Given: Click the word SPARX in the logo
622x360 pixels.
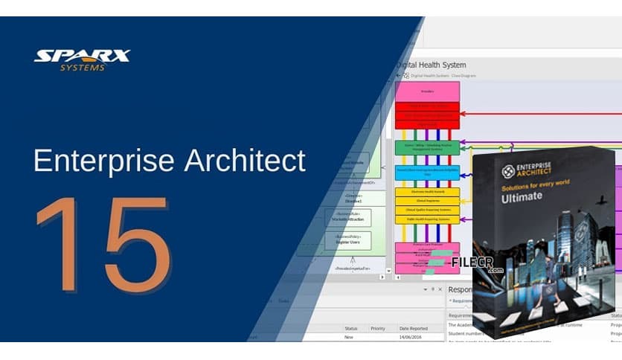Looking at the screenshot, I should click(82, 57).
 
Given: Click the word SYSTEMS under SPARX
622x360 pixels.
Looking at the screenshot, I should click(82, 68).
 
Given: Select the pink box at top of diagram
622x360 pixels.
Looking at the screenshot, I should click(427, 91).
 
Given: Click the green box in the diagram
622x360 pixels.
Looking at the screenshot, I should click(427, 147).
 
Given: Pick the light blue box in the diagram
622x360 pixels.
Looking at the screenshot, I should click(427, 173).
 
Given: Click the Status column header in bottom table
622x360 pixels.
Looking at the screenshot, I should click(350, 328).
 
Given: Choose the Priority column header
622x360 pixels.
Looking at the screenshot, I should click(378, 328).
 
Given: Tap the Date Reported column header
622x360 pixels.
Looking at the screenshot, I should click(414, 328).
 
